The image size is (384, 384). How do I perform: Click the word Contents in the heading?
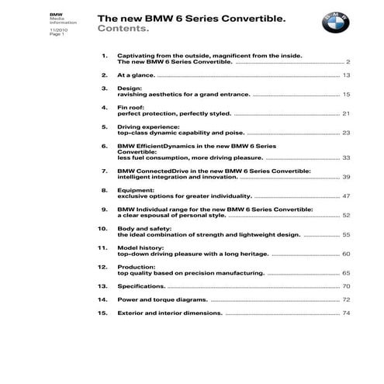[x=122, y=29]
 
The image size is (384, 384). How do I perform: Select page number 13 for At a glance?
[x=346, y=75]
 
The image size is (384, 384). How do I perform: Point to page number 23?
[x=346, y=133]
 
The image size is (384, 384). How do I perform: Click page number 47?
[x=346, y=196]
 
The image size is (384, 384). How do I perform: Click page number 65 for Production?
[x=346, y=273]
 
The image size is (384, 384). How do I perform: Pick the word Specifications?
[x=141, y=286]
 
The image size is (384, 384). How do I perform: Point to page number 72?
[x=346, y=299]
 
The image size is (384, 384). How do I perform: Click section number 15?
[x=102, y=313]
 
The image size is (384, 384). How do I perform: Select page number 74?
[x=346, y=313]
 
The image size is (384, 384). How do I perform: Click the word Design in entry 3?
[x=128, y=88]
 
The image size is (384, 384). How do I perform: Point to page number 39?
[x=346, y=177]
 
